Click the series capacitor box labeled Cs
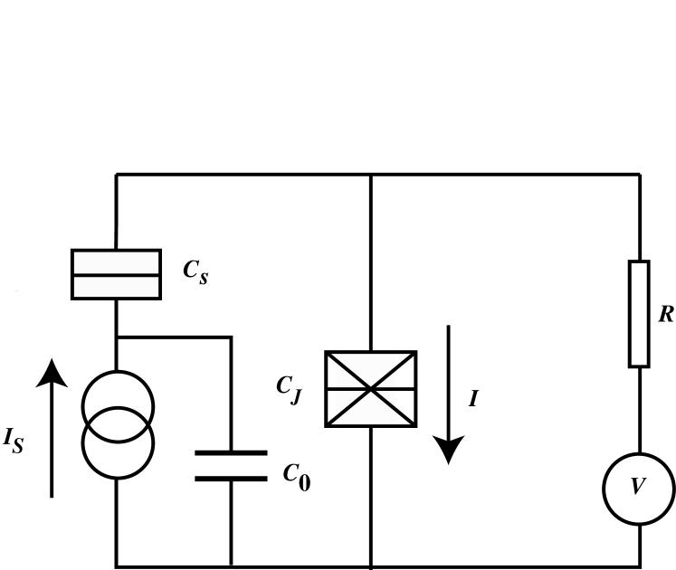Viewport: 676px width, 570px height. point(116,274)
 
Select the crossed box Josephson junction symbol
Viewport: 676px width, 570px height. point(371,389)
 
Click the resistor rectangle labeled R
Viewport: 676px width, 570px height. point(639,313)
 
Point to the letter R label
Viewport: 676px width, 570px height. point(665,315)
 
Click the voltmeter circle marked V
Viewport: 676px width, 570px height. point(639,489)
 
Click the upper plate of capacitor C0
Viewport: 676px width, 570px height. point(232,451)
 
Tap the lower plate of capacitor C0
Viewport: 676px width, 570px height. point(232,478)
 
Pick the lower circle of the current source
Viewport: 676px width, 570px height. point(118,444)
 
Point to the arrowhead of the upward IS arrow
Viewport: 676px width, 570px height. point(52,371)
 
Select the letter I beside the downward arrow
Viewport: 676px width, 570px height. point(473,399)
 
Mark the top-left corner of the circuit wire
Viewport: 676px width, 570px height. point(117,174)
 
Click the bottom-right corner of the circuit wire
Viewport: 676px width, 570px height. point(640,566)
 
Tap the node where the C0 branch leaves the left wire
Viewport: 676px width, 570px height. point(117,337)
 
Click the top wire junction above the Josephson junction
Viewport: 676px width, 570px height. point(371,174)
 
